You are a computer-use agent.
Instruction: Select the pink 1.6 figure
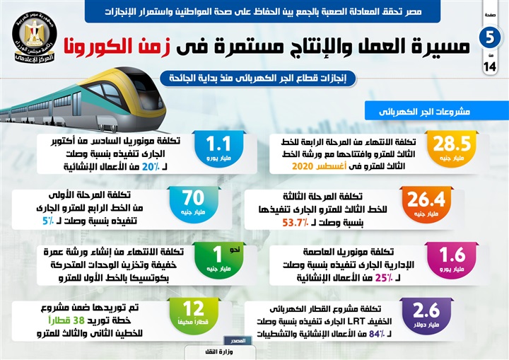pyautogui.click(x=452, y=255)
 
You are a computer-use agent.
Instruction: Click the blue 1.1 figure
pyautogui.click(x=215, y=144)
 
